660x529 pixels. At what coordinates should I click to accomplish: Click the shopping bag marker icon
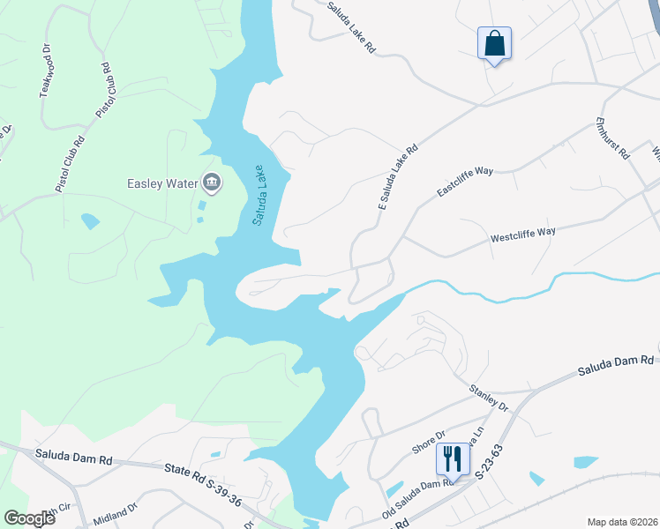[x=494, y=43]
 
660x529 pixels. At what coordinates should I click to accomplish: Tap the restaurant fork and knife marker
[x=453, y=460]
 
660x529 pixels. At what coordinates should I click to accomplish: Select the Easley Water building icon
[x=212, y=183]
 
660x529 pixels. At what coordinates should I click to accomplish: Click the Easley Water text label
[x=162, y=183]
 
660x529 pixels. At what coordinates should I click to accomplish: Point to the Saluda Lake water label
[x=258, y=193]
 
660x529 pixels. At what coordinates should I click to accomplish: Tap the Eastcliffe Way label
[x=465, y=179]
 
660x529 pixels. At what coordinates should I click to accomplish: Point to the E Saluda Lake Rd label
[x=398, y=177]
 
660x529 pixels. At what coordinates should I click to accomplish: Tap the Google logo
[x=30, y=518]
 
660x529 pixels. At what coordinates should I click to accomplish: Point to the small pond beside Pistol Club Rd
[x=90, y=220]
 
